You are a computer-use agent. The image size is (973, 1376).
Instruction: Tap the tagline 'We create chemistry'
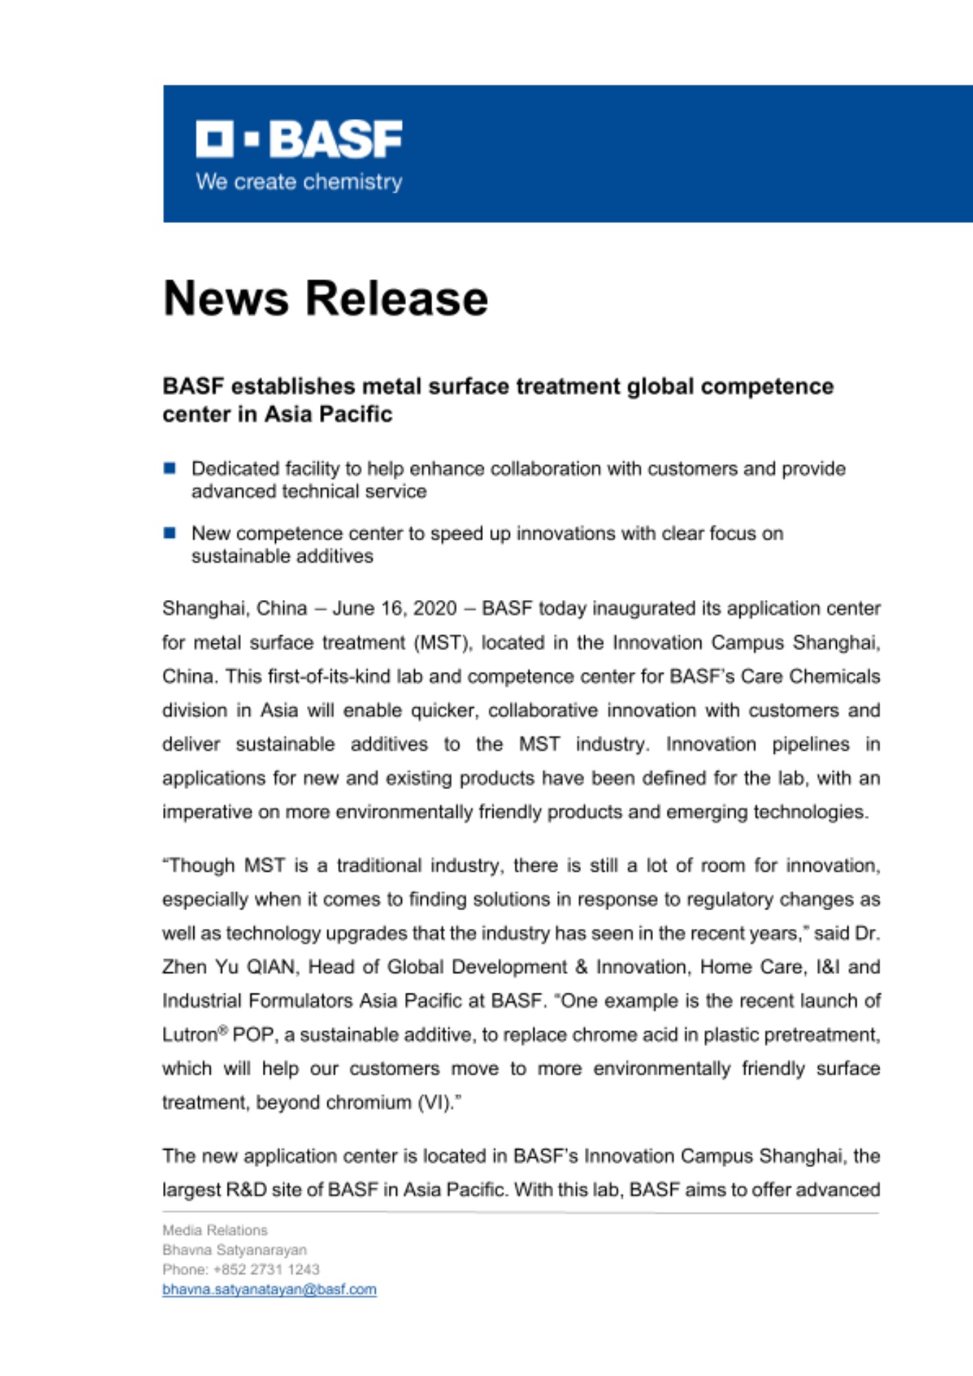coord(299,182)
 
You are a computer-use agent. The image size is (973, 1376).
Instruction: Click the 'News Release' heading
coord(325,298)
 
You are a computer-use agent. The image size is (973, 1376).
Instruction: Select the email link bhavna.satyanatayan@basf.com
coord(269,1289)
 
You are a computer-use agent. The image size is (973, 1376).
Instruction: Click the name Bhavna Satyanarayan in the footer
coord(235,1249)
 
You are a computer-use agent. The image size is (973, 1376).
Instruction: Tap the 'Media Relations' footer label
coord(215,1229)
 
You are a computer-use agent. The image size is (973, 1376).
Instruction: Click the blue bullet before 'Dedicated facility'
coord(169,469)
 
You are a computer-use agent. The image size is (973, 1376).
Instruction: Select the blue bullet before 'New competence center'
coord(169,533)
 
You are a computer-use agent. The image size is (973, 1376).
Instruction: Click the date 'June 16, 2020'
coord(394,608)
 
